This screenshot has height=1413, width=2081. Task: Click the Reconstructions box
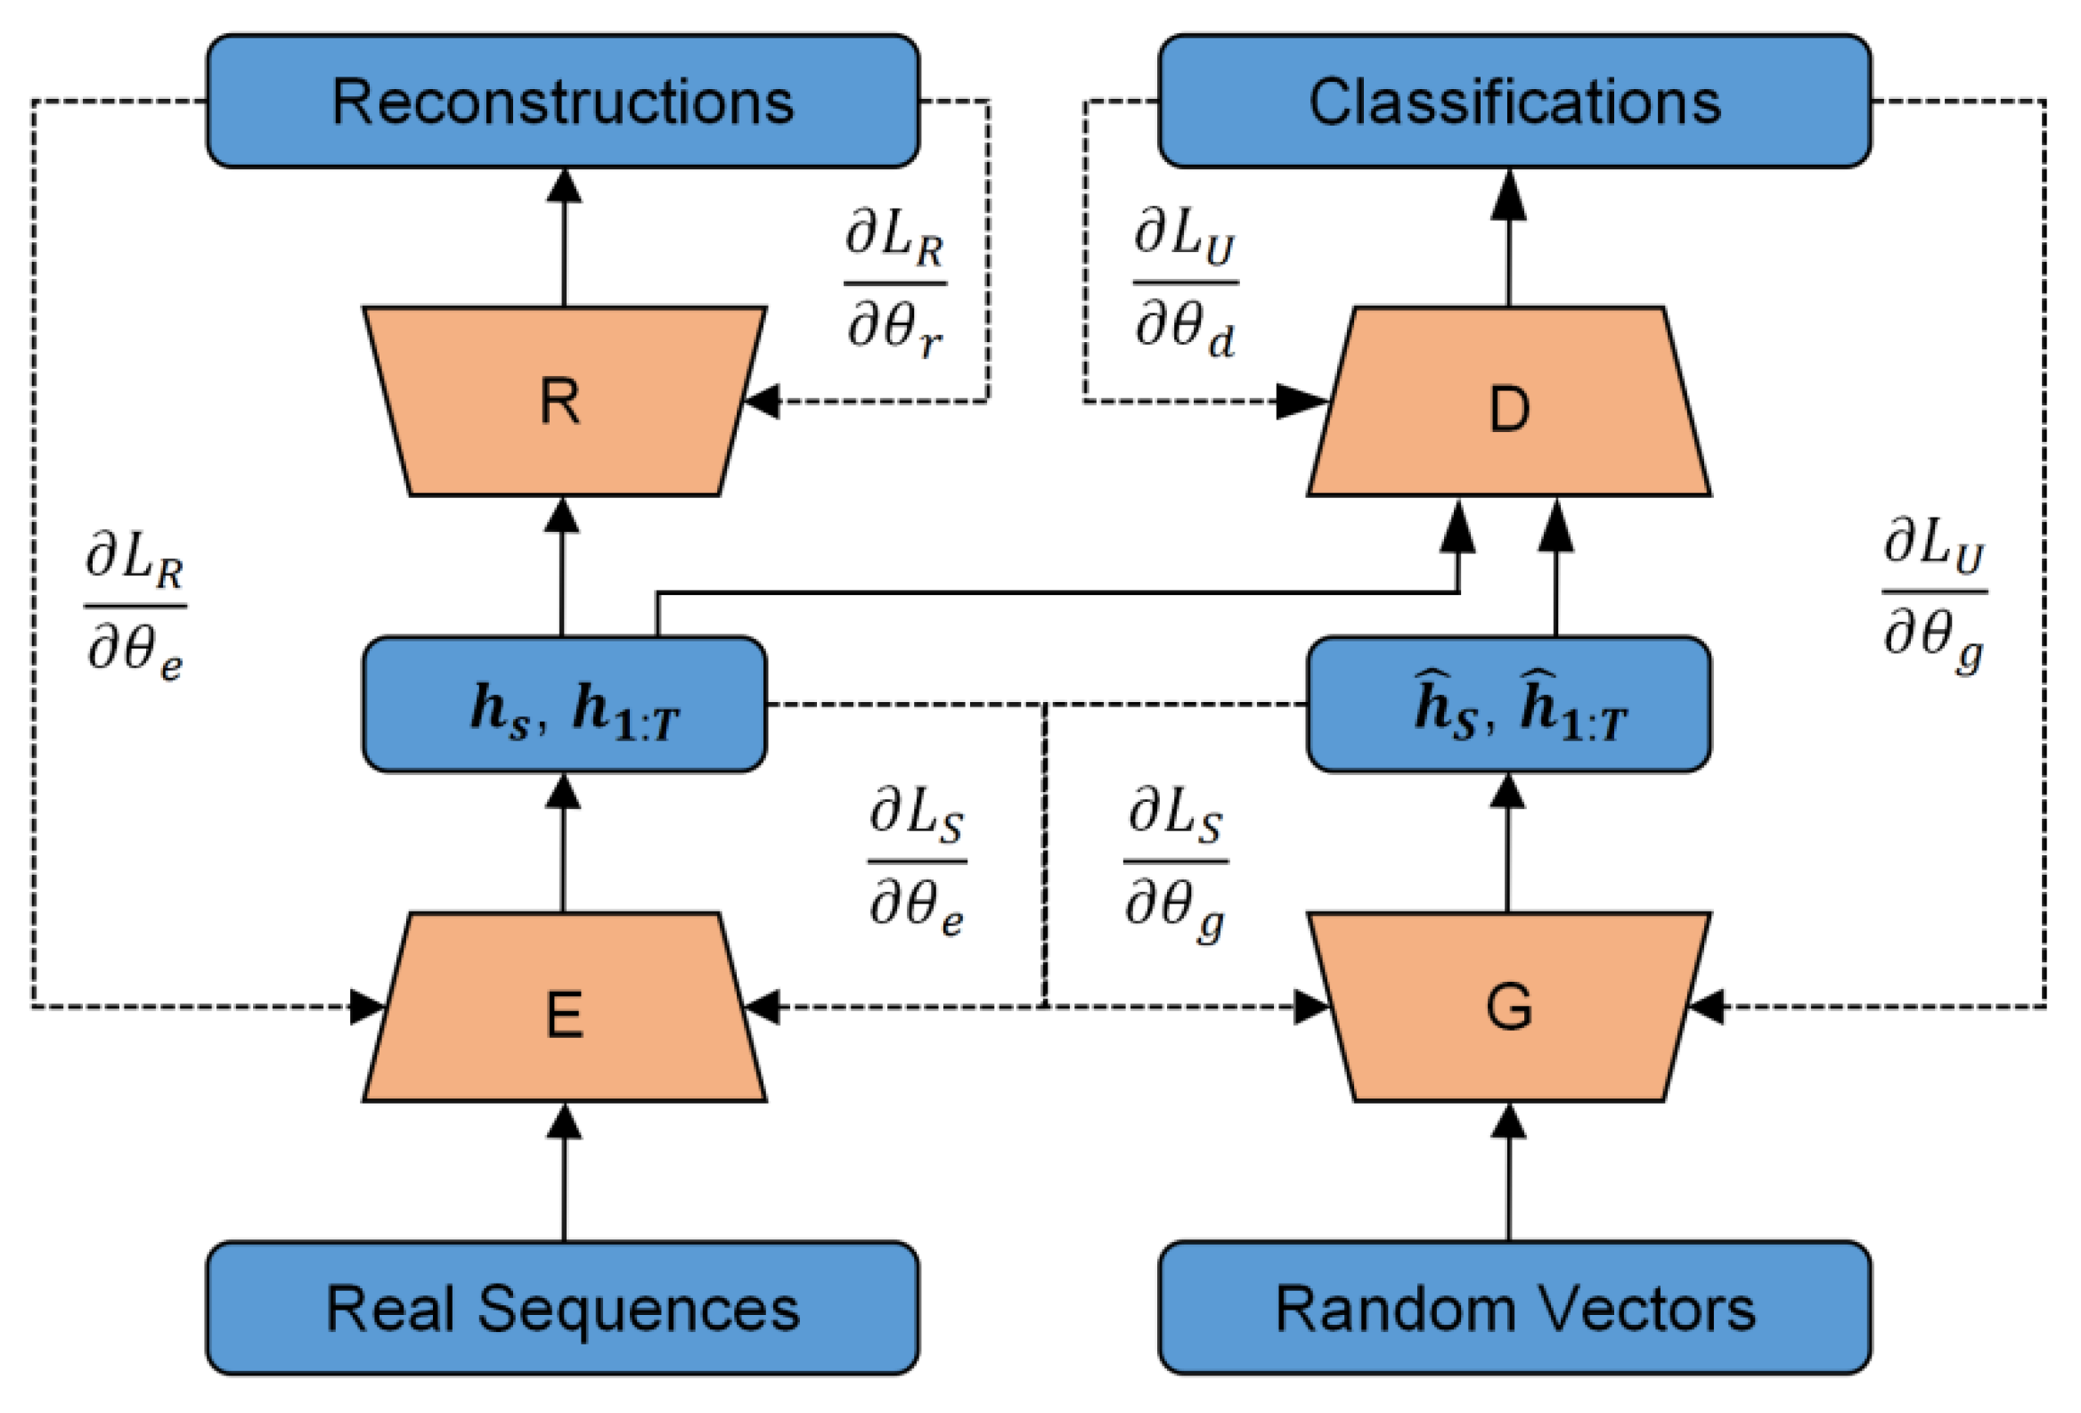562,102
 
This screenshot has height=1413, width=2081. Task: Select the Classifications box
1514,102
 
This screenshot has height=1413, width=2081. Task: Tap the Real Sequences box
562,1308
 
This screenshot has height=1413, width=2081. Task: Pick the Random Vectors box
1514,1308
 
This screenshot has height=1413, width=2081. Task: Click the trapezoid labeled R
562,401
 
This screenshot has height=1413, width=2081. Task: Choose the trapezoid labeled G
1509,1008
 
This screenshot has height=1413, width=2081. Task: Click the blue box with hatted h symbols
1509,705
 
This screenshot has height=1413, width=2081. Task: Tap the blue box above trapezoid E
564,705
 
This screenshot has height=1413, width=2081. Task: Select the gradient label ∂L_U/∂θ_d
1185,284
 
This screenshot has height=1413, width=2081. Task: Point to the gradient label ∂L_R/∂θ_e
135,606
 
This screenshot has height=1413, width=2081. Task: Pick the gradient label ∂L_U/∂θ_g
1934,592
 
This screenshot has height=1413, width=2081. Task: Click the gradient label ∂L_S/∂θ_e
917,862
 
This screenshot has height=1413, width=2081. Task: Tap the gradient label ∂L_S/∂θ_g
1175,862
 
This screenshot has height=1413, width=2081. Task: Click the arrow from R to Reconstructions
563,237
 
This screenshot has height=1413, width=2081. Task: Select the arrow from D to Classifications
1509,237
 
